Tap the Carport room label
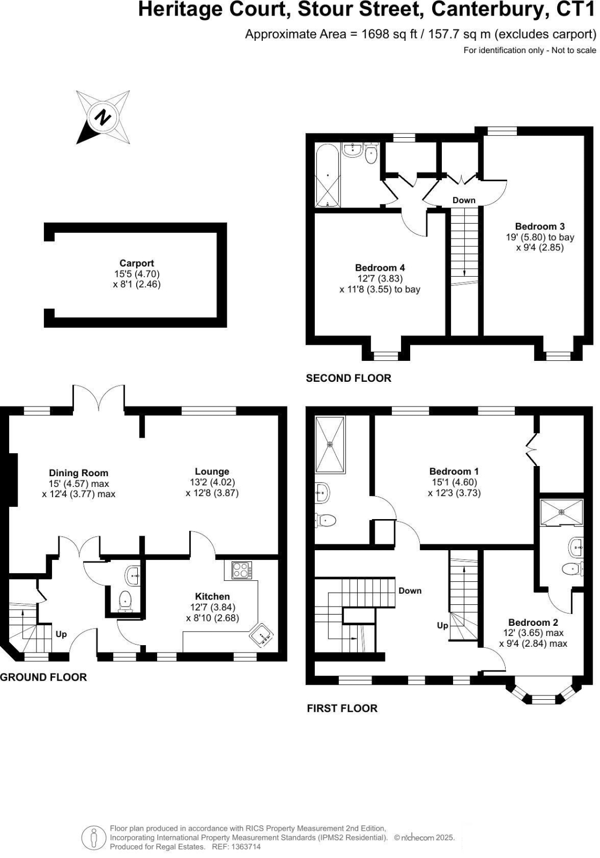coord(137,263)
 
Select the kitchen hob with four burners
coord(242,569)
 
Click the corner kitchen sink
coord(262,635)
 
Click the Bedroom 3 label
coord(540,226)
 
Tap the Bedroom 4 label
coord(380,268)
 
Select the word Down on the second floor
coord(464,200)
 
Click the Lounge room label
coord(212,471)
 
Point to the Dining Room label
coord(78,473)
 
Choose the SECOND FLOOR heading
coord(349,378)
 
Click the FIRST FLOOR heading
coord(342,708)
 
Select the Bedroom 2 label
coord(533,623)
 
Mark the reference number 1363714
coord(246,847)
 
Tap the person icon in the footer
coord(93,839)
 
